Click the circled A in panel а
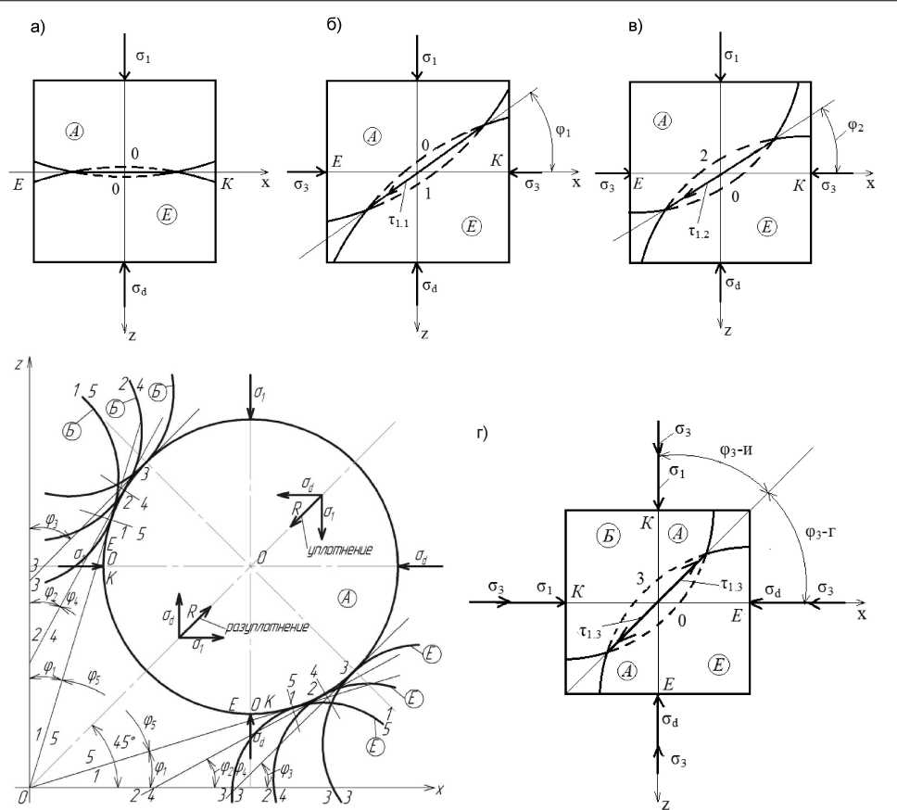pyautogui.click(x=76, y=131)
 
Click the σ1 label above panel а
pyautogui.click(x=142, y=59)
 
